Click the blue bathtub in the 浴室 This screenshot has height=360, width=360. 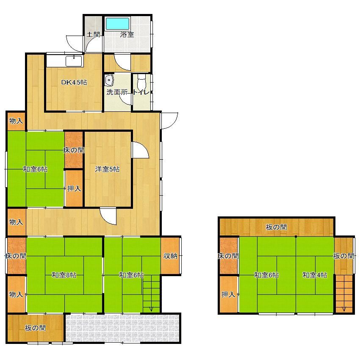click(x=117, y=23)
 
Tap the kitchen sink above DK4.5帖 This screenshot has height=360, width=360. click(x=74, y=61)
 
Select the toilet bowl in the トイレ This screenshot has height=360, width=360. click(x=141, y=82)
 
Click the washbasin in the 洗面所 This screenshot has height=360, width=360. click(x=109, y=80)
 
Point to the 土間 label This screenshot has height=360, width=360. click(x=93, y=35)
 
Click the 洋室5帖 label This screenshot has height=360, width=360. click(x=107, y=169)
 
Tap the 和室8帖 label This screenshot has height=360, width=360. click(x=64, y=275)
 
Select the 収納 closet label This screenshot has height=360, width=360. click(x=170, y=256)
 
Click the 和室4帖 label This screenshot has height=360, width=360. click(x=315, y=275)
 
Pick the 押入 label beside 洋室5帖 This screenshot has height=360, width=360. click(x=74, y=188)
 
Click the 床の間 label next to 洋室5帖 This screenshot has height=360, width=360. click(x=74, y=150)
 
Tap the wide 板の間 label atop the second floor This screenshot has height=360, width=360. click(x=276, y=227)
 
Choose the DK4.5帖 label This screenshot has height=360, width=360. click(x=74, y=82)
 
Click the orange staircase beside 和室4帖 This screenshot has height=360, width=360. click(x=344, y=294)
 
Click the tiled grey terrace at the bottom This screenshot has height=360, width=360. click(x=122, y=328)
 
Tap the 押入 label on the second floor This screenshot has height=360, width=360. click(x=228, y=294)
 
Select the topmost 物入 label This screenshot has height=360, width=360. click(x=16, y=121)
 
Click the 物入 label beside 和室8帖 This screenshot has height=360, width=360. click(x=16, y=294)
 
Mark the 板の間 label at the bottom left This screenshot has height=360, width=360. click(x=35, y=328)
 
